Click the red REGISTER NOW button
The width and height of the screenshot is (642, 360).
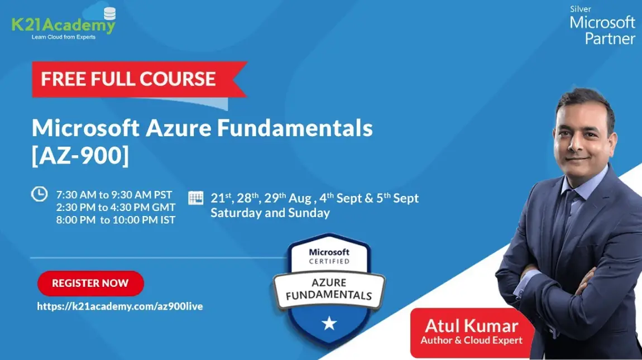90,283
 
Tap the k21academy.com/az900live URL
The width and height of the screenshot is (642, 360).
120,306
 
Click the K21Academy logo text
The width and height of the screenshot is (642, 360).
63,25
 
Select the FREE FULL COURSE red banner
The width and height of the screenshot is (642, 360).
128,79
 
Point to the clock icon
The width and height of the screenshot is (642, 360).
39,194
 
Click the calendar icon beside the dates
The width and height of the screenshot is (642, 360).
196,198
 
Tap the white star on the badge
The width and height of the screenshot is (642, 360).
329,323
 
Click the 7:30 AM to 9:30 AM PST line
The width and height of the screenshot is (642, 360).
114,195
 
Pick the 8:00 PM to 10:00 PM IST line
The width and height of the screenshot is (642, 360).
116,220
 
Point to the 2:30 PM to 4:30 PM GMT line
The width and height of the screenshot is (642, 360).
116,208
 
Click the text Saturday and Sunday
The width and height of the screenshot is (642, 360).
270,213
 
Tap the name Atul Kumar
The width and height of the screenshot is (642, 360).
472,325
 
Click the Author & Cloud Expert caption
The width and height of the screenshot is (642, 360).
472,340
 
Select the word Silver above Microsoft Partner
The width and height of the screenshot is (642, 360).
581,9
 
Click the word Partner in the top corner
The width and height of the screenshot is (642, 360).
610,39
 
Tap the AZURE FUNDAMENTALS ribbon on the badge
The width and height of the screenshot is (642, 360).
329,289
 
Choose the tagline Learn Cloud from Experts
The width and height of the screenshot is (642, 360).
63,37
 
